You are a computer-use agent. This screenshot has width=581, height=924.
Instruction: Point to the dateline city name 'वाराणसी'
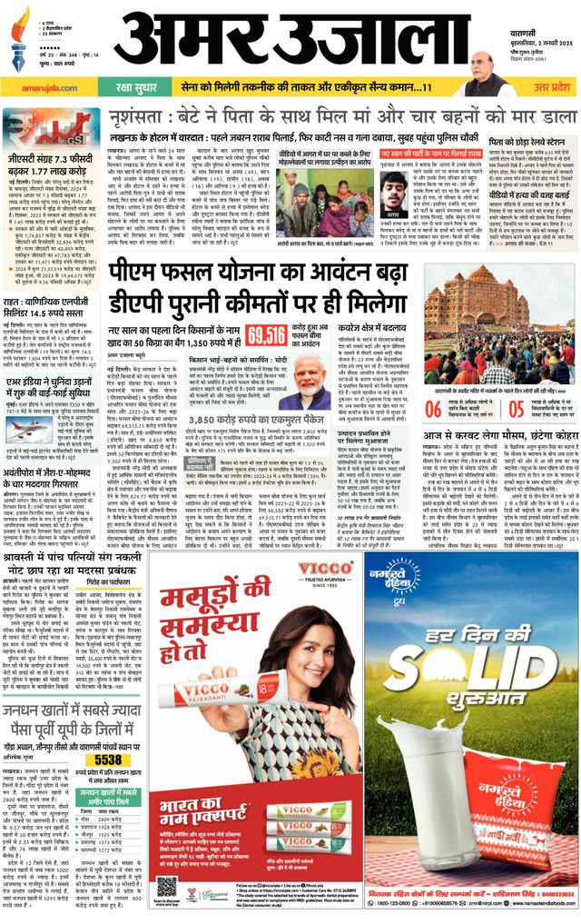pos(547,11)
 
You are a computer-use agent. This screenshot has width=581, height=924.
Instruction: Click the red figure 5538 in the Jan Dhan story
pos(107,760)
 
